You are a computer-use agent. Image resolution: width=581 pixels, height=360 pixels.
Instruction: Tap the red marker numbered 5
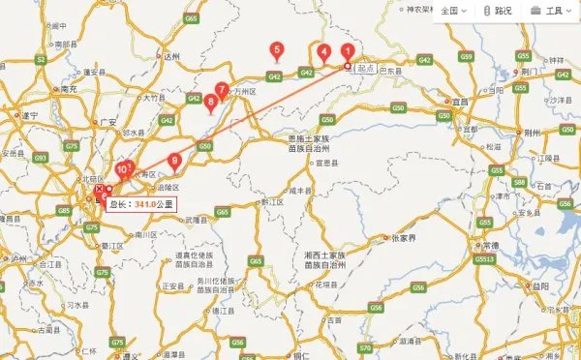tap(278, 50)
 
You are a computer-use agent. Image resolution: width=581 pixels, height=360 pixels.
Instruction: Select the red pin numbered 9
tap(174, 162)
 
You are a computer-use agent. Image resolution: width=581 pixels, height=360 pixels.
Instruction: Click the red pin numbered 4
tap(322, 53)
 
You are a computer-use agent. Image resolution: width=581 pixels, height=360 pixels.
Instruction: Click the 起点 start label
tap(366, 69)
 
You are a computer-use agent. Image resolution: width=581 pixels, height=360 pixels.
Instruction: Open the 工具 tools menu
tap(548, 11)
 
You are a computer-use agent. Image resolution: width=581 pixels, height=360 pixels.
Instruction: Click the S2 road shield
tap(41, 60)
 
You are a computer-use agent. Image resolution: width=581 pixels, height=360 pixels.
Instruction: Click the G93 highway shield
tap(40, 157)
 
